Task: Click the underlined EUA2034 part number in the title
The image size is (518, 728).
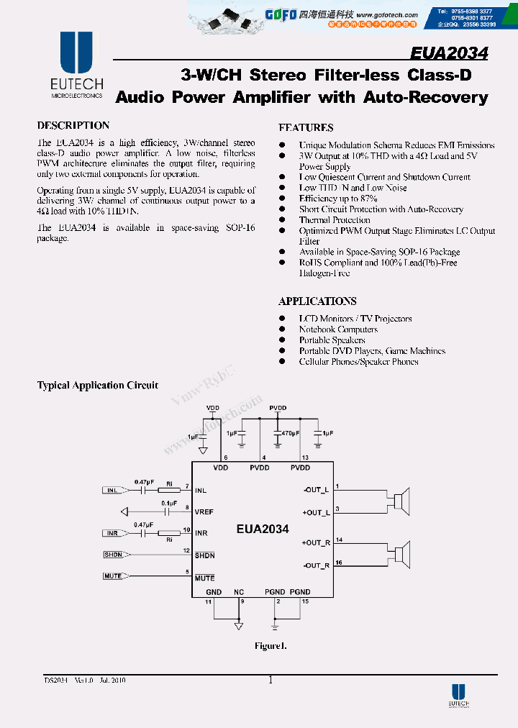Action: (x=449, y=54)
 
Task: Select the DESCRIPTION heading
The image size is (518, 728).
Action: (x=73, y=125)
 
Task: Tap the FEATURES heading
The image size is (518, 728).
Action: (x=306, y=128)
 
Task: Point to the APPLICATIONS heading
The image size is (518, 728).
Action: (x=317, y=301)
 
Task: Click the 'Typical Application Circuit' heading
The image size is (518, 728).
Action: (x=98, y=386)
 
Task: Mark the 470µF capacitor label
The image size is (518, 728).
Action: (x=290, y=434)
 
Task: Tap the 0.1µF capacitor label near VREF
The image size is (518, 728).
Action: (x=169, y=503)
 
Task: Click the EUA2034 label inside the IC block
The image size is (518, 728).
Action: (x=263, y=529)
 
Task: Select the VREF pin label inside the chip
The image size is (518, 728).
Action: (x=204, y=511)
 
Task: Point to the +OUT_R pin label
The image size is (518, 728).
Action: (x=317, y=543)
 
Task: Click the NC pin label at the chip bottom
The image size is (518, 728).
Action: (x=239, y=592)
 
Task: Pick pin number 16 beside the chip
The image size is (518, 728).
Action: (x=339, y=562)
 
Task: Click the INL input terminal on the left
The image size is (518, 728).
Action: (x=112, y=491)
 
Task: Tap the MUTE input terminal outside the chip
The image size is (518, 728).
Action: (x=113, y=576)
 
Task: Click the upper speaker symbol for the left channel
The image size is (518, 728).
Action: (x=403, y=501)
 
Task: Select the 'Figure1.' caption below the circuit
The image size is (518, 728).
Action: (x=271, y=645)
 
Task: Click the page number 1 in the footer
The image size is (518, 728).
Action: (x=271, y=680)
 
